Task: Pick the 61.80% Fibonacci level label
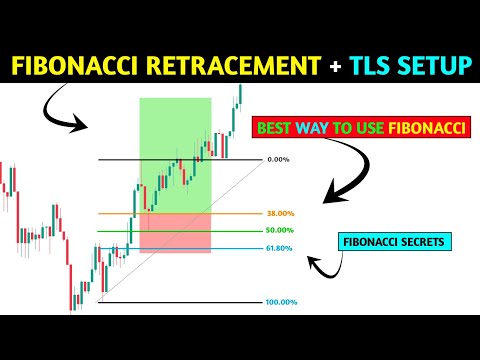282,249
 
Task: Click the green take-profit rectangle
175,150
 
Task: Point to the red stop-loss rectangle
175,231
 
